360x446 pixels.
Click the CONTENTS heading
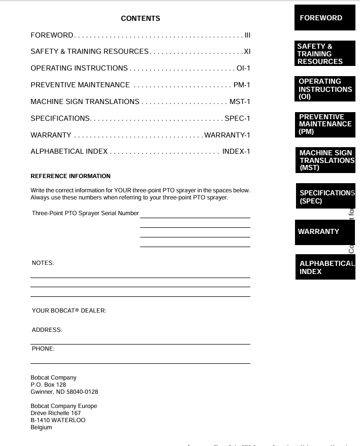point(140,19)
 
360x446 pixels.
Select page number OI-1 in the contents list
point(243,68)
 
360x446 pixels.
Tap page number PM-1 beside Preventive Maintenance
point(242,85)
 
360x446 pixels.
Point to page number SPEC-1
point(237,118)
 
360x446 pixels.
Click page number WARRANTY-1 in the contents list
point(227,135)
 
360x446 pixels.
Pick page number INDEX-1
point(236,151)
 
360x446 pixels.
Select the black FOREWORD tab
point(325,18)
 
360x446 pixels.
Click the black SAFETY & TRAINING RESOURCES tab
point(325,54)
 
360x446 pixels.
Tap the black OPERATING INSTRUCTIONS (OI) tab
point(325,89)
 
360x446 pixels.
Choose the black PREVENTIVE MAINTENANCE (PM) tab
point(325,124)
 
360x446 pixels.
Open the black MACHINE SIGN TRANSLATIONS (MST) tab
point(325,160)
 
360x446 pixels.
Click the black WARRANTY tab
point(325,232)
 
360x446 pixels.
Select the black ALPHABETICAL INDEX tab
point(325,267)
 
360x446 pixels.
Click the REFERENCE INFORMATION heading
point(71,177)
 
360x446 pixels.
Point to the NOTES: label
point(43,263)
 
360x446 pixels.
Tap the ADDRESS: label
point(47,330)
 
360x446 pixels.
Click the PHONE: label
point(43,349)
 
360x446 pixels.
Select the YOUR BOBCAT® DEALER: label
point(69,311)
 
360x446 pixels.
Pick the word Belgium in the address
point(41,427)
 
